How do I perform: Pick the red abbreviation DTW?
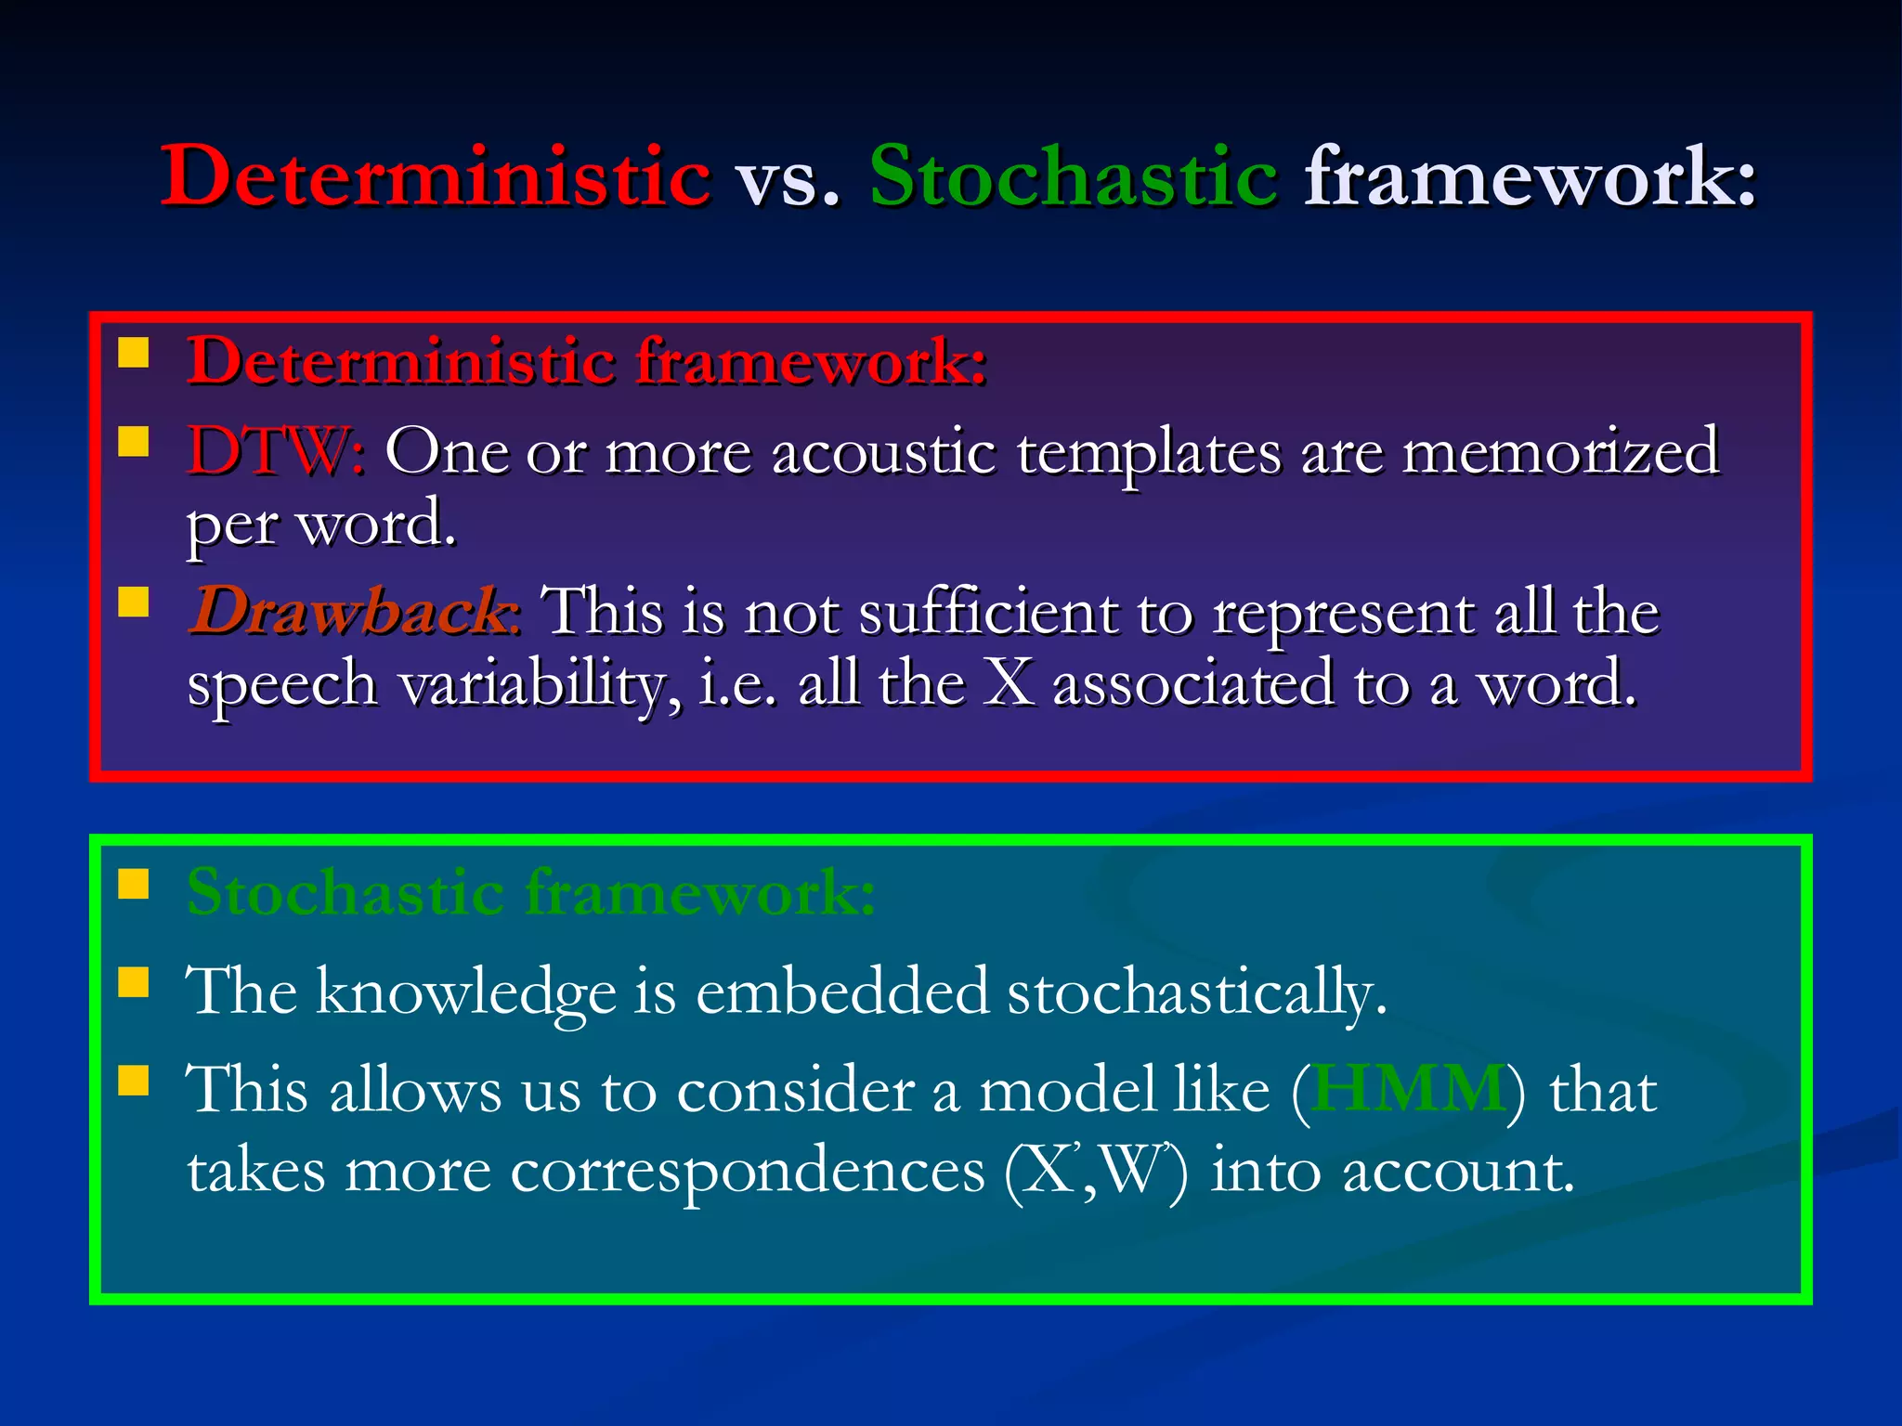[276, 452]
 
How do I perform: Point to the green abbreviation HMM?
[1408, 1088]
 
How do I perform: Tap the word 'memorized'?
[1560, 452]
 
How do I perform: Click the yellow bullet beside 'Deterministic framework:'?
[134, 353]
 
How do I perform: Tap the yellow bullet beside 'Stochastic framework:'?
[134, 885]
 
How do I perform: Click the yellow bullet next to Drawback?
[134, 602]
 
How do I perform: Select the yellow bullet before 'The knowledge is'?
[134, 981]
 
